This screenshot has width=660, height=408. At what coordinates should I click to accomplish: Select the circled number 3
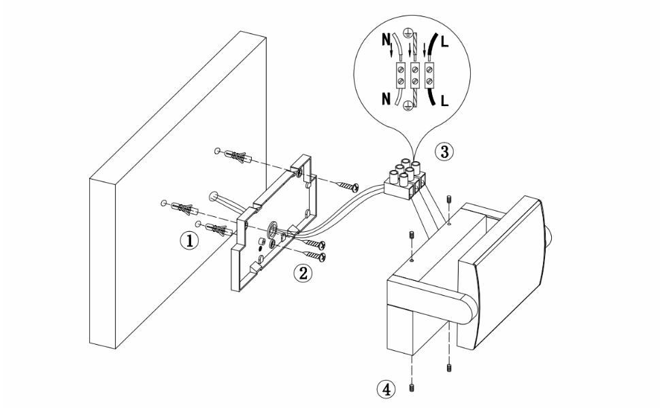tap(445, 152)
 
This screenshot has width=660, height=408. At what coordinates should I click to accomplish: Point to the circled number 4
tap(385, 390)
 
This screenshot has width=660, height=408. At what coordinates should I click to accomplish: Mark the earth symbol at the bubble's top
tap(407, 32)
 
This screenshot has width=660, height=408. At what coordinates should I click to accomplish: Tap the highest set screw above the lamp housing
tap(448, 201)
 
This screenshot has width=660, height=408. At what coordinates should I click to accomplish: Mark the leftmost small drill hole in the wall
tap(164, 203)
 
